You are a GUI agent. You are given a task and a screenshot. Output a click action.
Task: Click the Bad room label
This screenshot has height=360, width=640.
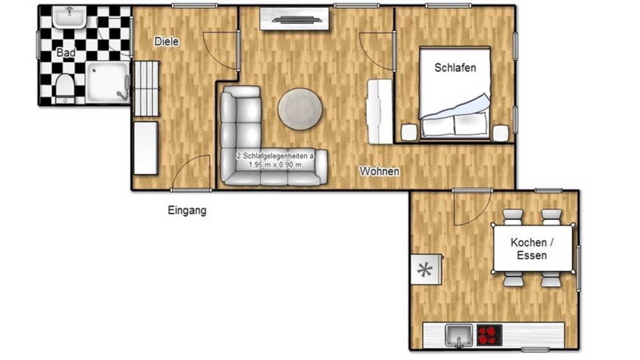point(66,52)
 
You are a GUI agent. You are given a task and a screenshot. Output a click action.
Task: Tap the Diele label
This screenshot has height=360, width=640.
point(166,41)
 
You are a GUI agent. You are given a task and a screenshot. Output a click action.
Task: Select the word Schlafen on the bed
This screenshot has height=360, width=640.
point(455,67)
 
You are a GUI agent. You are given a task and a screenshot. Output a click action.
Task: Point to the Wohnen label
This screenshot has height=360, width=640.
point(379,171)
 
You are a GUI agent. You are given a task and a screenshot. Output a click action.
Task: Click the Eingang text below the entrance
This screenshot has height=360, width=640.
point(187,210)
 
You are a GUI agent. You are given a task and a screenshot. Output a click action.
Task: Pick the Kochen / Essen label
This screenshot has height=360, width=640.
point(532,248)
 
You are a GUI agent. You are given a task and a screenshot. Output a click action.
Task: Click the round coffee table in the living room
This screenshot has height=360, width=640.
point(300,109)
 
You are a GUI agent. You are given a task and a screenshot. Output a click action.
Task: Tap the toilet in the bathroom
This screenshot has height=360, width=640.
point(64,88)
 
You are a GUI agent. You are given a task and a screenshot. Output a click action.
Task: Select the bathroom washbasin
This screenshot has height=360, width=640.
point(69,17)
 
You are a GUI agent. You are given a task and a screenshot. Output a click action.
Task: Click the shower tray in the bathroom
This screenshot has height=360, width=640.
point(107,82)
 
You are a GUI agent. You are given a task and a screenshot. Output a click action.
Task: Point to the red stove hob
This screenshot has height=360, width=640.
point(489,335)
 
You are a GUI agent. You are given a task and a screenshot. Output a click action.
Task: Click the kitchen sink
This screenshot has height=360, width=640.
point(458,335)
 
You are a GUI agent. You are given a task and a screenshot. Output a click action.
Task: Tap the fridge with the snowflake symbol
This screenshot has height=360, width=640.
point(425,269)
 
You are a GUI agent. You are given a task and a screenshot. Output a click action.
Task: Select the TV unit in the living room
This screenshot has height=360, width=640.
point(294,19)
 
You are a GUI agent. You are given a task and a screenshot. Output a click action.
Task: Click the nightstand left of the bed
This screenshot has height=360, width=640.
point(409,132)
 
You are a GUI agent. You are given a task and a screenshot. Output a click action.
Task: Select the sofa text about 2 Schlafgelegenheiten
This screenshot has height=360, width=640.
point(275,160)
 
